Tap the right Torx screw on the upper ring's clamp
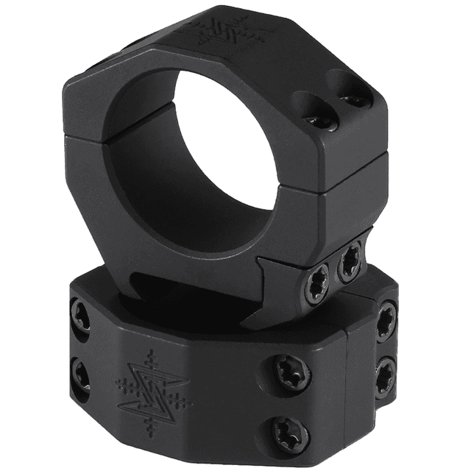pyautogui.click(x=350, y=263)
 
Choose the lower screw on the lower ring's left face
pyautogui.click(x=80, y=373)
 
